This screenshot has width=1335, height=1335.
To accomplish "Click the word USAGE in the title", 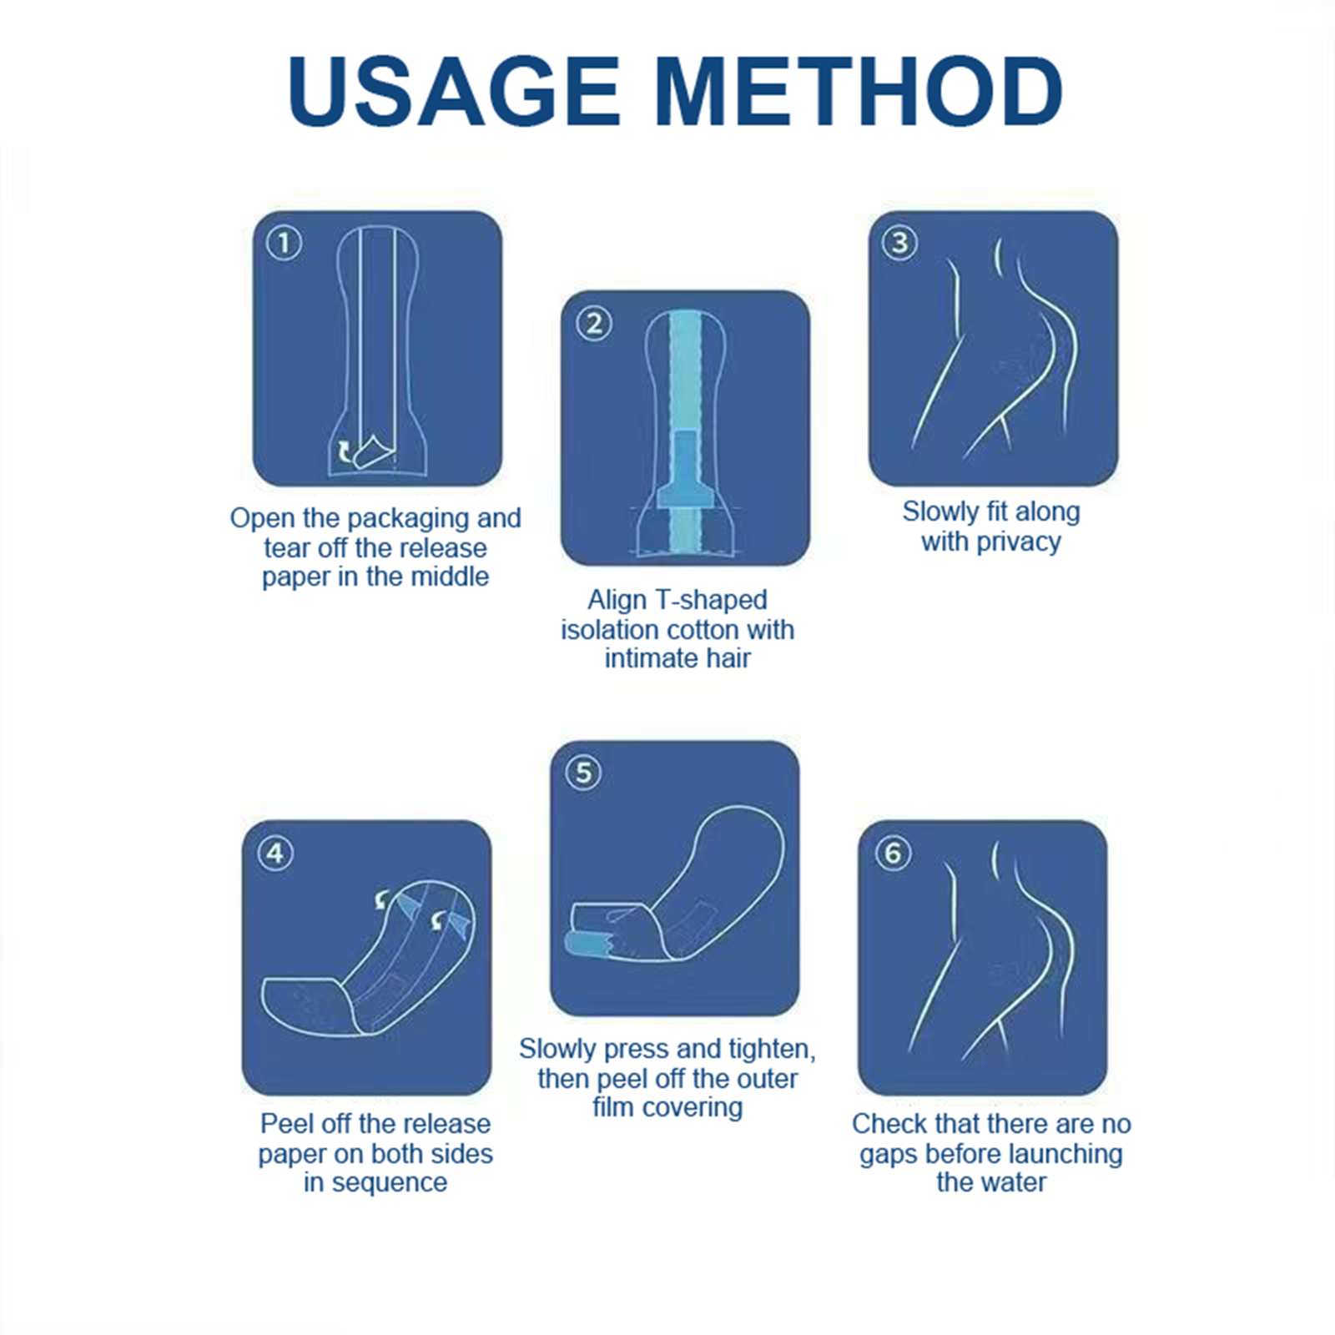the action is (454, 91).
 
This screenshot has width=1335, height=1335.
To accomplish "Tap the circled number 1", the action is (284, 243).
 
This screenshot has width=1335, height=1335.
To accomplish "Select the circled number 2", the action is (594, 323).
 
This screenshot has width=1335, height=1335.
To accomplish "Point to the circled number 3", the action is (899, 243).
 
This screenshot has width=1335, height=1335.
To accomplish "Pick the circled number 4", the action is (275, 853).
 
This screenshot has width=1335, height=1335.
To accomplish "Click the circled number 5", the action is (583, 773).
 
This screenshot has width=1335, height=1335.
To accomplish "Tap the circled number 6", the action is (892, 853).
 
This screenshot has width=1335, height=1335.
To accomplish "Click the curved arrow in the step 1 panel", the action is (344, 451).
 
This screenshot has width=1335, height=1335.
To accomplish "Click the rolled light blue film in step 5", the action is (588, 945).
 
